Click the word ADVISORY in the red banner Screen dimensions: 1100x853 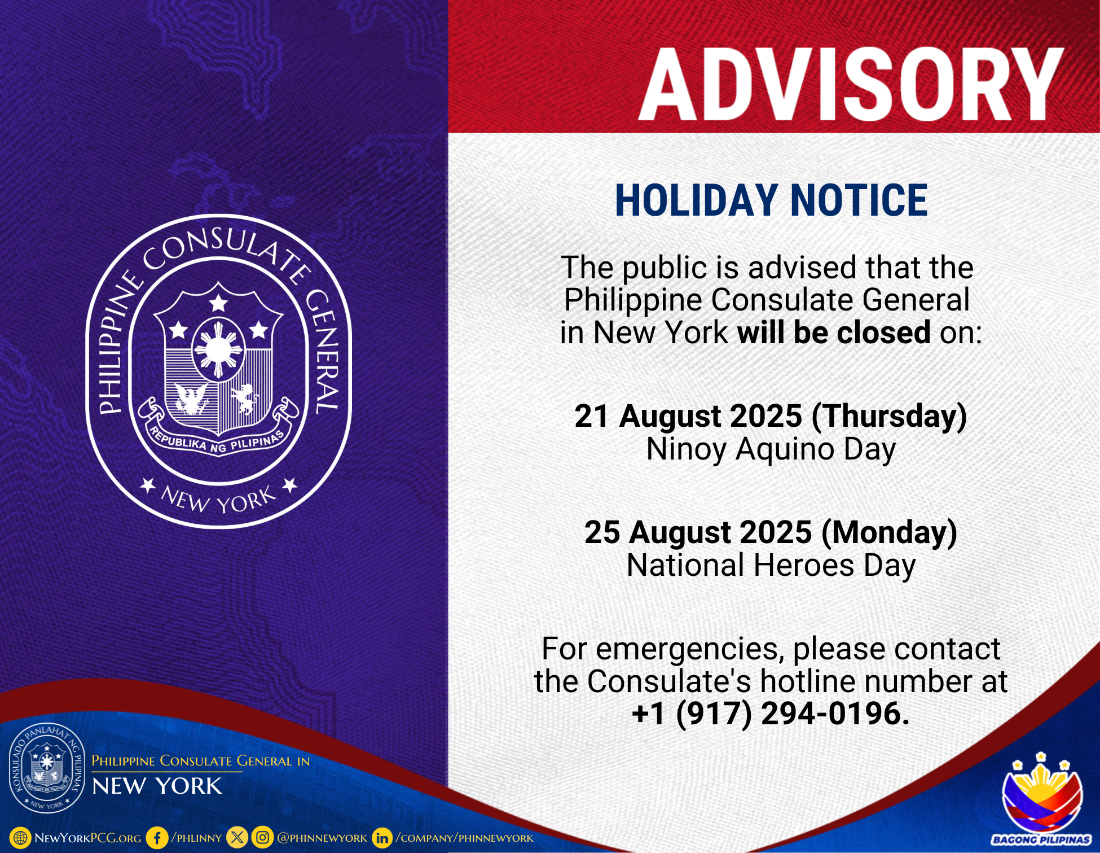pyautogui.click(x=851, y=84)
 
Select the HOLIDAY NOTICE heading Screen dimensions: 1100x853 pyautogui.click(x=771, y=200)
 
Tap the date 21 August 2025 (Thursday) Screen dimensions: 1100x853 pyautogui.click(x=771, y=417)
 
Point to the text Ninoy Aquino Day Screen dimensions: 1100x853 pyautogui.click(x=771, y=450)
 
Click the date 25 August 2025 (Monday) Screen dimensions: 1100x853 pyautogui.click(x=771, y=533)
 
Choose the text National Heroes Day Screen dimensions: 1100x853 pyautogui.click(x=771, y=566)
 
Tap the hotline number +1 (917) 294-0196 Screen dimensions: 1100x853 pyautogui.click(x=771, y=714)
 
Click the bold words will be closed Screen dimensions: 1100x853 pyautogui.click(x=834, y=332)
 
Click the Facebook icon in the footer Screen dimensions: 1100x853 pyautogui.click(x=157, y=838)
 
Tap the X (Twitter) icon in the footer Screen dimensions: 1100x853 pyautogui.click(x=237, y=838)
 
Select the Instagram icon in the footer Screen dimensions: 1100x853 pyautogui.click(x=262, y=838)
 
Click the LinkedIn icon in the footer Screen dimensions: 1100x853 pyautogui.click(x=382, y=838)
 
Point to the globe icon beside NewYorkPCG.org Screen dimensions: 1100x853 pyautogui.click(x=20, y=838)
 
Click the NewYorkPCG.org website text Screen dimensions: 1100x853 pyautogui.click(x=88, y=838)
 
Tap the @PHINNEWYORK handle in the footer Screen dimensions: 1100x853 pyautogui.click(x=322, y=838)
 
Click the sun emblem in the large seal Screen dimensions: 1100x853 pyautogui.click(x=218, y=350)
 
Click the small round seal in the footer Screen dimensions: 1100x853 pyautogui.click(x=47, y=768)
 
